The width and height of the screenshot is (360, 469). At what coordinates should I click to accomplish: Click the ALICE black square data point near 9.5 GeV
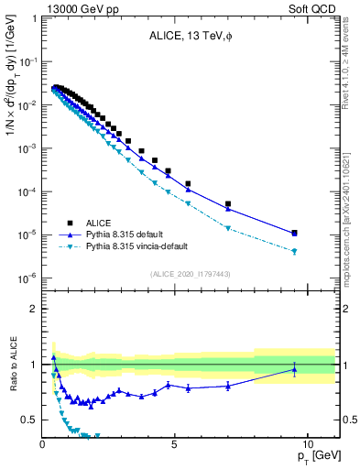click(294, 233)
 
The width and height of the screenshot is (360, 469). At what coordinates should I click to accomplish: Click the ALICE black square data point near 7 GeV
click(228, 204)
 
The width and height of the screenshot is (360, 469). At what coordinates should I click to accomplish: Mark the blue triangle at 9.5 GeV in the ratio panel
click(294, 370)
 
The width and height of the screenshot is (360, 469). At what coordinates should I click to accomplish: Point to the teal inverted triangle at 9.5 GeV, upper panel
click(294, 251)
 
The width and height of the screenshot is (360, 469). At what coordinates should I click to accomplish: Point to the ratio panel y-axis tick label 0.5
click(29, 420)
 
